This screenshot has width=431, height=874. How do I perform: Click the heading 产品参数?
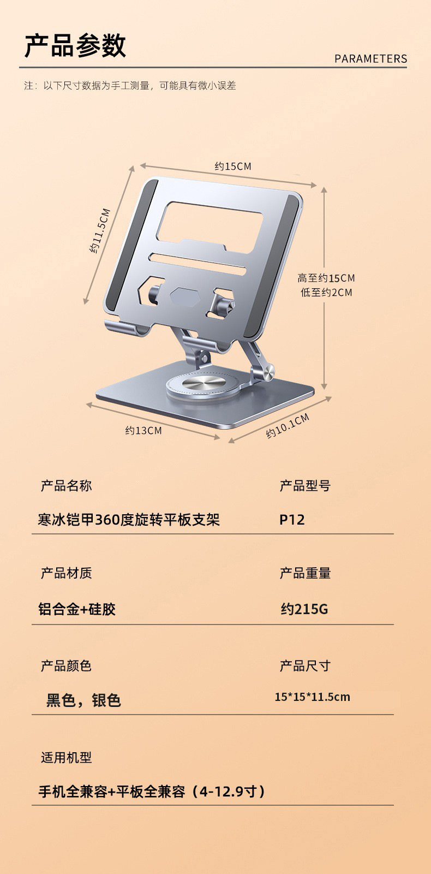pos(75,45)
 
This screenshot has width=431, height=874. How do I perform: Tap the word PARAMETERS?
pos(370,59)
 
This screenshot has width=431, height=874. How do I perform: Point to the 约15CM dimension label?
pos(233,166)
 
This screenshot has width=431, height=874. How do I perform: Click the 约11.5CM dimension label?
pos(100,231)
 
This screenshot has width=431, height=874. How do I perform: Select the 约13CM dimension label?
pos(143,431)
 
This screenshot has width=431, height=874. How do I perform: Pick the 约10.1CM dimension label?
pos(288,426)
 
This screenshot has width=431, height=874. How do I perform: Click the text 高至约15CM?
pos(326,278)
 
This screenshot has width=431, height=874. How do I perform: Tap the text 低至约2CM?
pos(326,293)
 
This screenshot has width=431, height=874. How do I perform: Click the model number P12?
pos(292,520)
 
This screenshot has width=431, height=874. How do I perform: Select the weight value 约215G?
pos(304,609)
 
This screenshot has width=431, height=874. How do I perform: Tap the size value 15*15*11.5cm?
pos(312,697)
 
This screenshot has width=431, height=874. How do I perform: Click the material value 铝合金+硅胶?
pos(77,609)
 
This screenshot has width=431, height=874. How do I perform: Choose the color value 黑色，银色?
pos(83,700)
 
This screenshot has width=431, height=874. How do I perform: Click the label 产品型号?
pos(305,486)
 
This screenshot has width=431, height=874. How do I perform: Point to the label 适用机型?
pos(66,758)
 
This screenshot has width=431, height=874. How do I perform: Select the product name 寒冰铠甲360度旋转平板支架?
pos(129,520)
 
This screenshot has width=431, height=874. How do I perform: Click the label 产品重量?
pos(305,573)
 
